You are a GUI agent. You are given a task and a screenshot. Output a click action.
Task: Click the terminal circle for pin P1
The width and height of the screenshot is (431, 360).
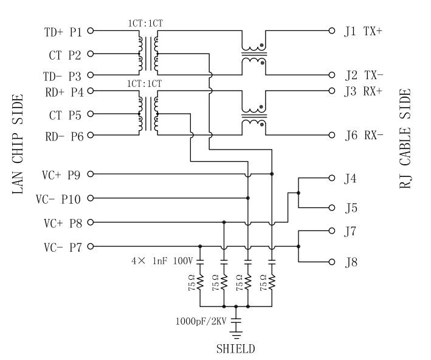pos(91,30)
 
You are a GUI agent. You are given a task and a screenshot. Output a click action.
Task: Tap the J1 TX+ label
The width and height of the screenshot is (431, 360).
pos(363,30)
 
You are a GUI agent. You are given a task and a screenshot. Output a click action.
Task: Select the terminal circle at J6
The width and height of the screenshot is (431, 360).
pos(332,135)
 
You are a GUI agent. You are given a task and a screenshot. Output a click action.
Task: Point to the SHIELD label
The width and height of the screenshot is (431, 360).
pos(236,349)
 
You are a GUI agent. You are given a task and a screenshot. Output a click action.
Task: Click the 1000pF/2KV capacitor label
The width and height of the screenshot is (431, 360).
pos(200,320)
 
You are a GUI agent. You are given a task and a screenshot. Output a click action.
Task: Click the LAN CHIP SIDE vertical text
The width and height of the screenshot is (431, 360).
pos(18,144)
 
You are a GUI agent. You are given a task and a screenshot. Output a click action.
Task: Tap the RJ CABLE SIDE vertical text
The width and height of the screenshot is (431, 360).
pos(406,139)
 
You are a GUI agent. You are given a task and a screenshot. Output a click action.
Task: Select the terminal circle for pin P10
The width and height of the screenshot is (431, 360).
pos(91,198)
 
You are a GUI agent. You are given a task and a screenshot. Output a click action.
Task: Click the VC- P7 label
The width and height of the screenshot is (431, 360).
pos(61,247)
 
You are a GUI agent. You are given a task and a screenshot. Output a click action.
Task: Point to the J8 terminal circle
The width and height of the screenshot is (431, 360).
pos(332,262)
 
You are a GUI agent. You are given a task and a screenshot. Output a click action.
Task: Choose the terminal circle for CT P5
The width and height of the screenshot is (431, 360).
pos(91,114)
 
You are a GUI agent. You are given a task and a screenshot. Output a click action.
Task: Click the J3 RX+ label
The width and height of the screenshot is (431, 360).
pos(363,92)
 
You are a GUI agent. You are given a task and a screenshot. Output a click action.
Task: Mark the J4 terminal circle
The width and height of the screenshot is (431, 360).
pos(332,179)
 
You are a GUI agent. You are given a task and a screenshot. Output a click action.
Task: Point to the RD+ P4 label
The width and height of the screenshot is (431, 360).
pos(64,92)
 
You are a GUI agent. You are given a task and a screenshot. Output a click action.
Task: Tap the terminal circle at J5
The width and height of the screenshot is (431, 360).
pos(332,208)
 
